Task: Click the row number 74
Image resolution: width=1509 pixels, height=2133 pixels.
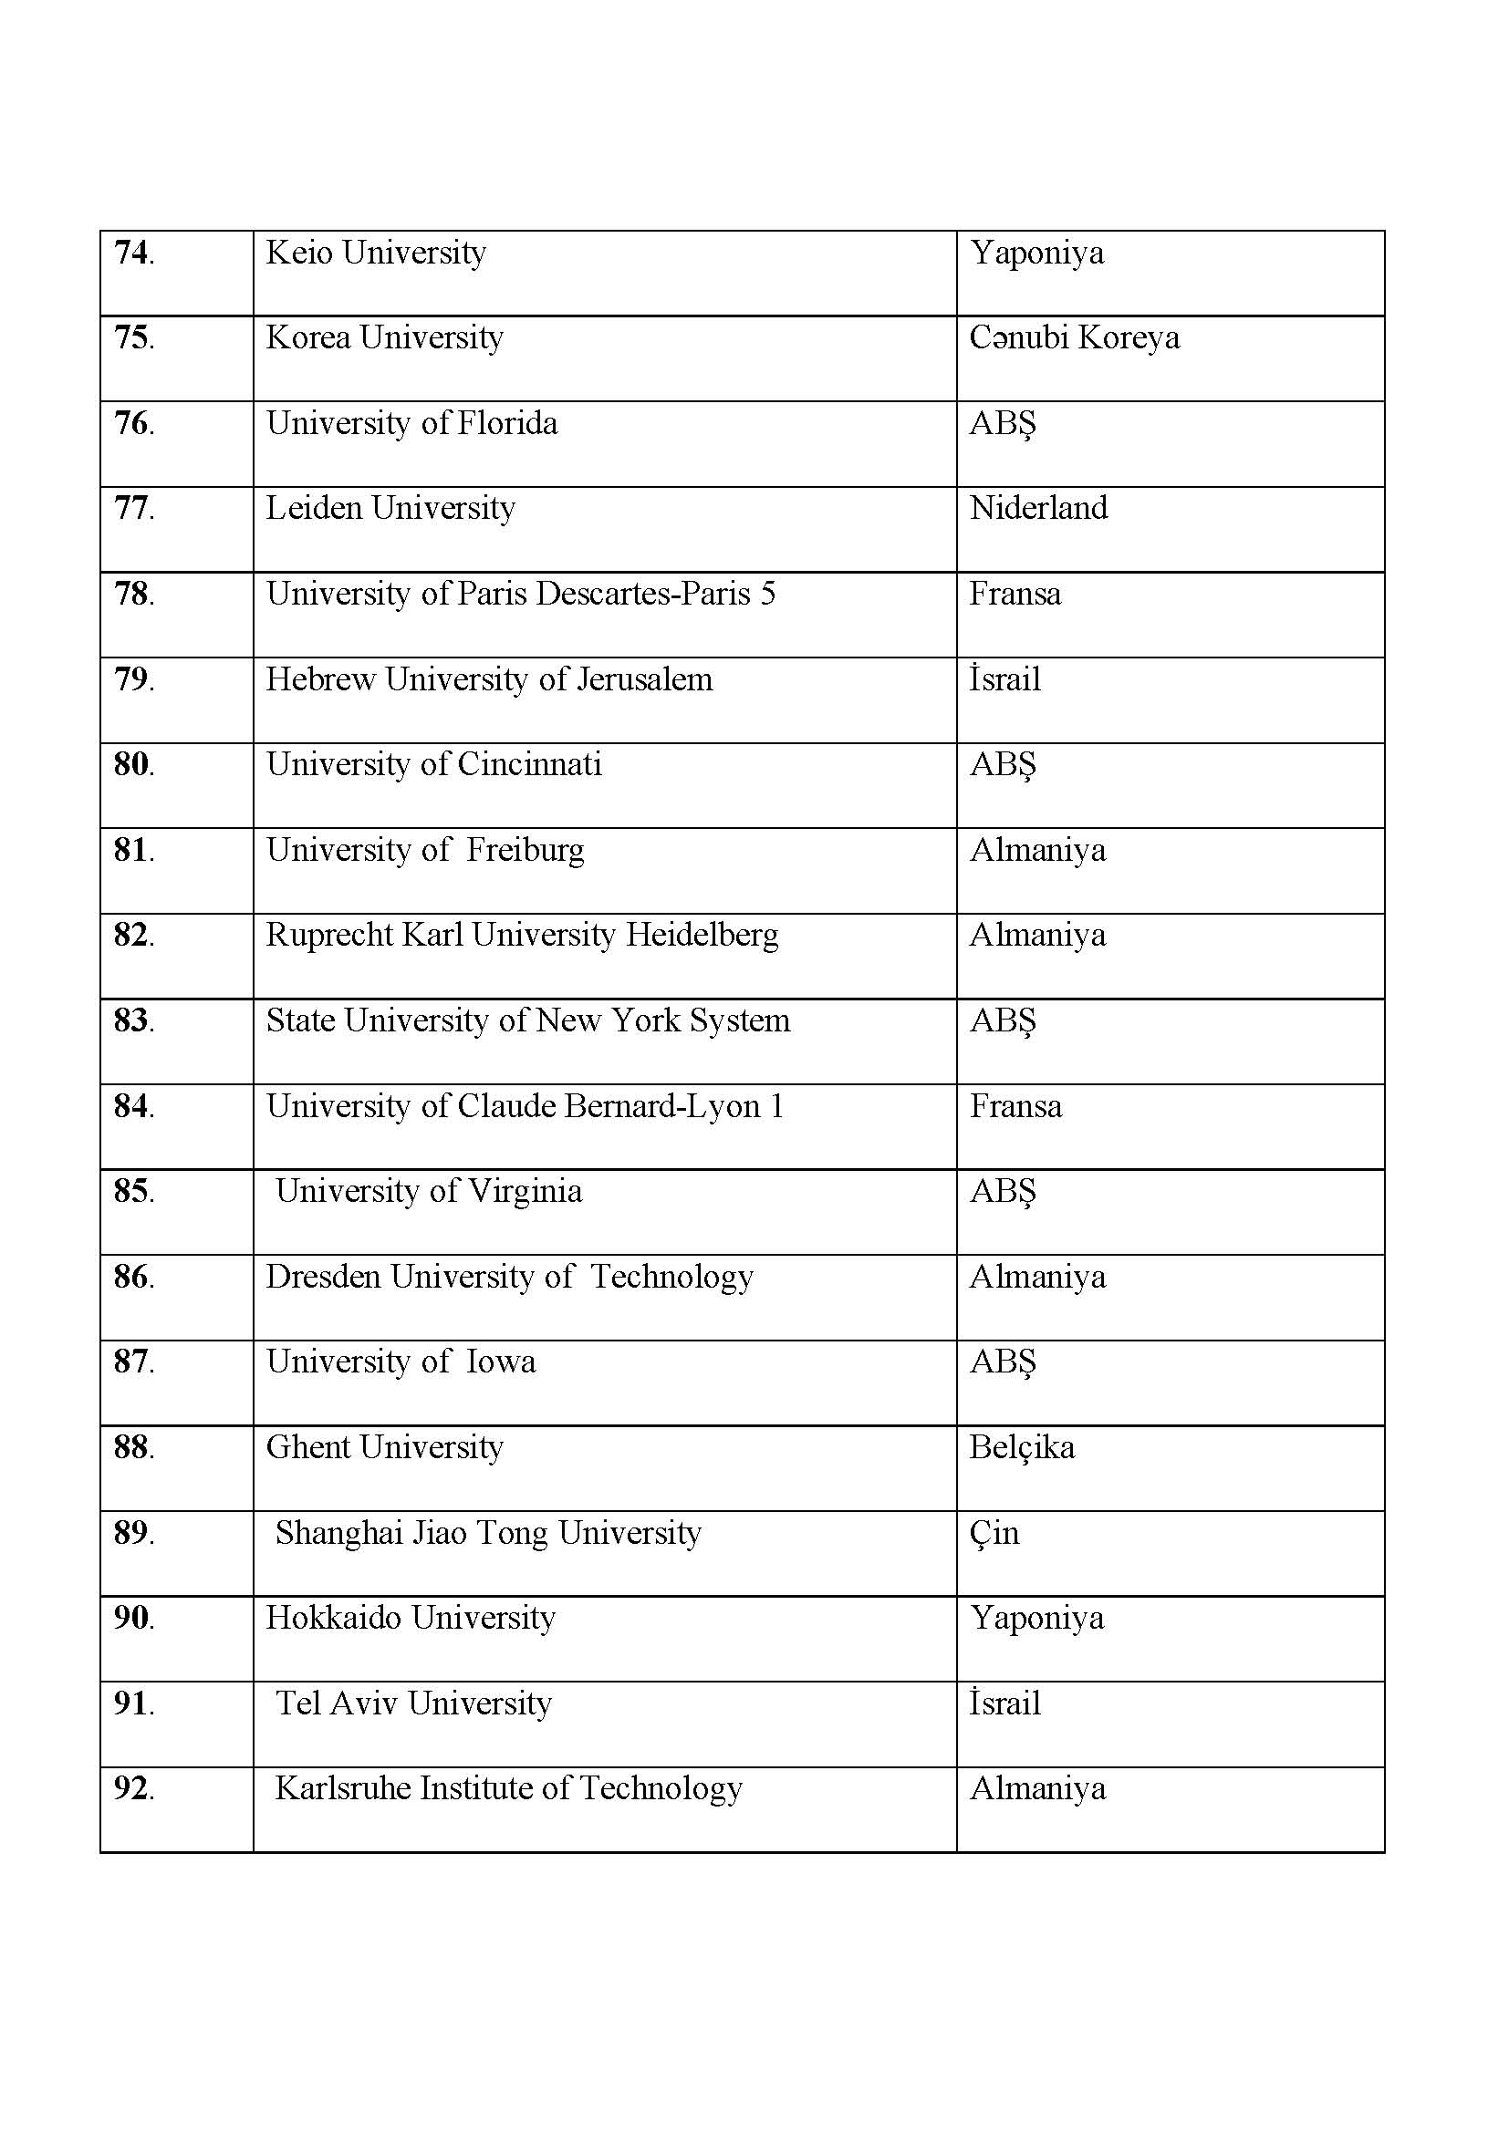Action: (134, 253)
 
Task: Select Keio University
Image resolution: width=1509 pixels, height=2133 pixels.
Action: (375, 253)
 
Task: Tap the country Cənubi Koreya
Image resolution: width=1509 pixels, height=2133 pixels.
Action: (1074, 337)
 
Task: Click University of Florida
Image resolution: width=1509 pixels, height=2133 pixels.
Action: (411, 424)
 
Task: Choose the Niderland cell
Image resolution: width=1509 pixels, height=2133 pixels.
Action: (1038, 508)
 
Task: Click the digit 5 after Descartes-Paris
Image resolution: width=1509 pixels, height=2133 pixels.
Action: (767, 594)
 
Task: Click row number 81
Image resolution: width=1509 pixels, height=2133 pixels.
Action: (134, 850)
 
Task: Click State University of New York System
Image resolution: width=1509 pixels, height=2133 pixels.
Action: (527, 1021)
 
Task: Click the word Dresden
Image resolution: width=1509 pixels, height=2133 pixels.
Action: (323, 1277)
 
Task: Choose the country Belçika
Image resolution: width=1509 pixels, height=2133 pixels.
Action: (1022, 1447)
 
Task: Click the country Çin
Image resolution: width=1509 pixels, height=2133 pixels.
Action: (994, 1533)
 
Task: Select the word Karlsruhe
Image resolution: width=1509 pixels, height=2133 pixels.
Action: (343, 1788)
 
